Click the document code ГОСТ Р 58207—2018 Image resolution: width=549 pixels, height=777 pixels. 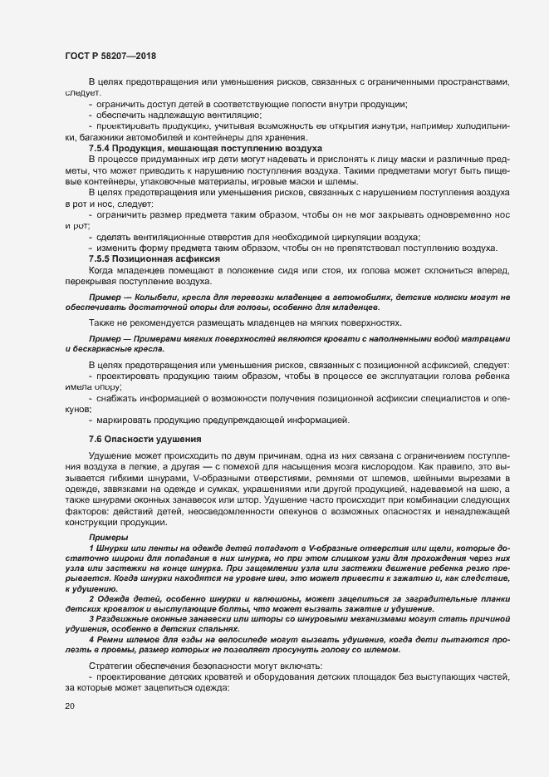coord(111,56)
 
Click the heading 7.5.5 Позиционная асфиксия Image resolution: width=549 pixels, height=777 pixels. coord(154,259)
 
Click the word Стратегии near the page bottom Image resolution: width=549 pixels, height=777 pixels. coord(114,667)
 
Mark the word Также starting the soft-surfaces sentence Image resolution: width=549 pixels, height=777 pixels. coord(104,323)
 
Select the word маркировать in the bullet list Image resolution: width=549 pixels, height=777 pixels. coord(129,419)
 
